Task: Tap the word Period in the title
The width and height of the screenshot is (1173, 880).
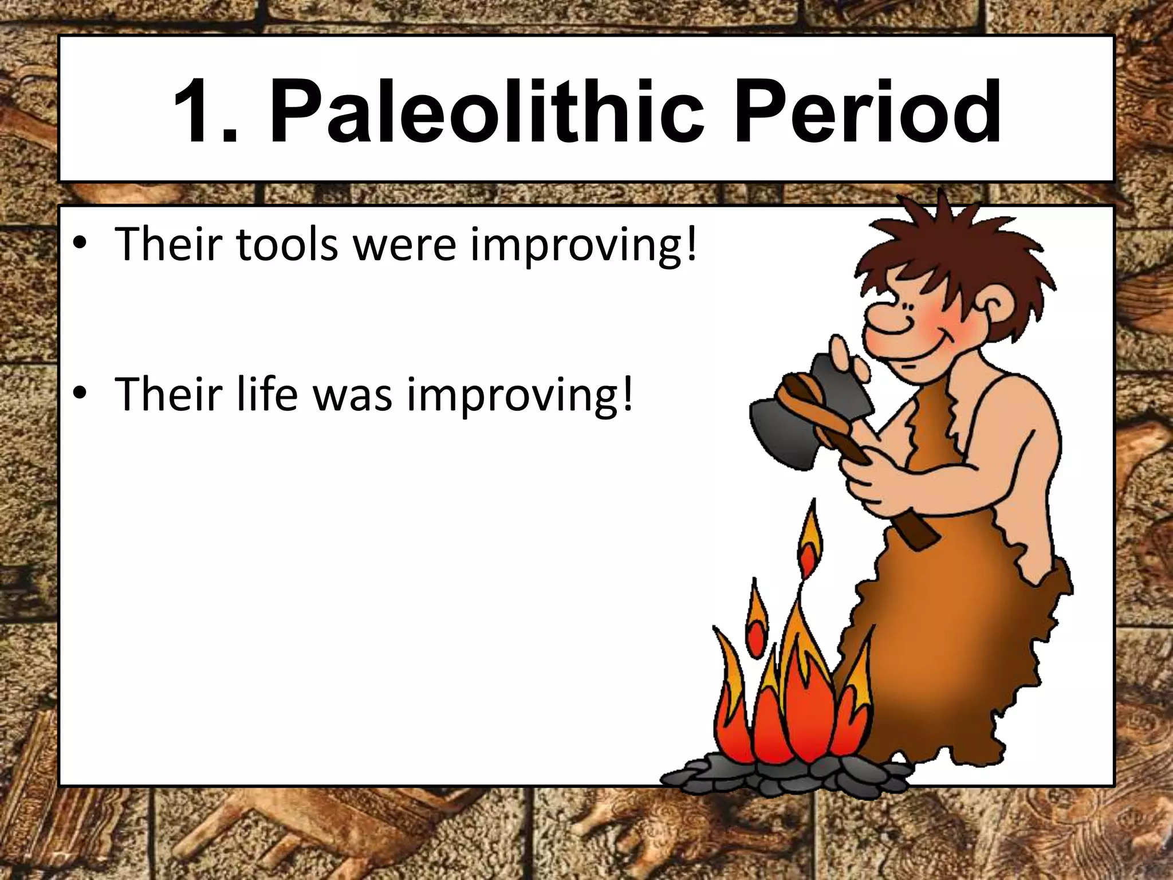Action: click(868, 112)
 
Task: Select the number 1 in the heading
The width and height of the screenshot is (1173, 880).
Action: click(198, 112)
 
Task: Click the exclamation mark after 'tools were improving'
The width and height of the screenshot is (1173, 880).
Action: click(691, 243)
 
